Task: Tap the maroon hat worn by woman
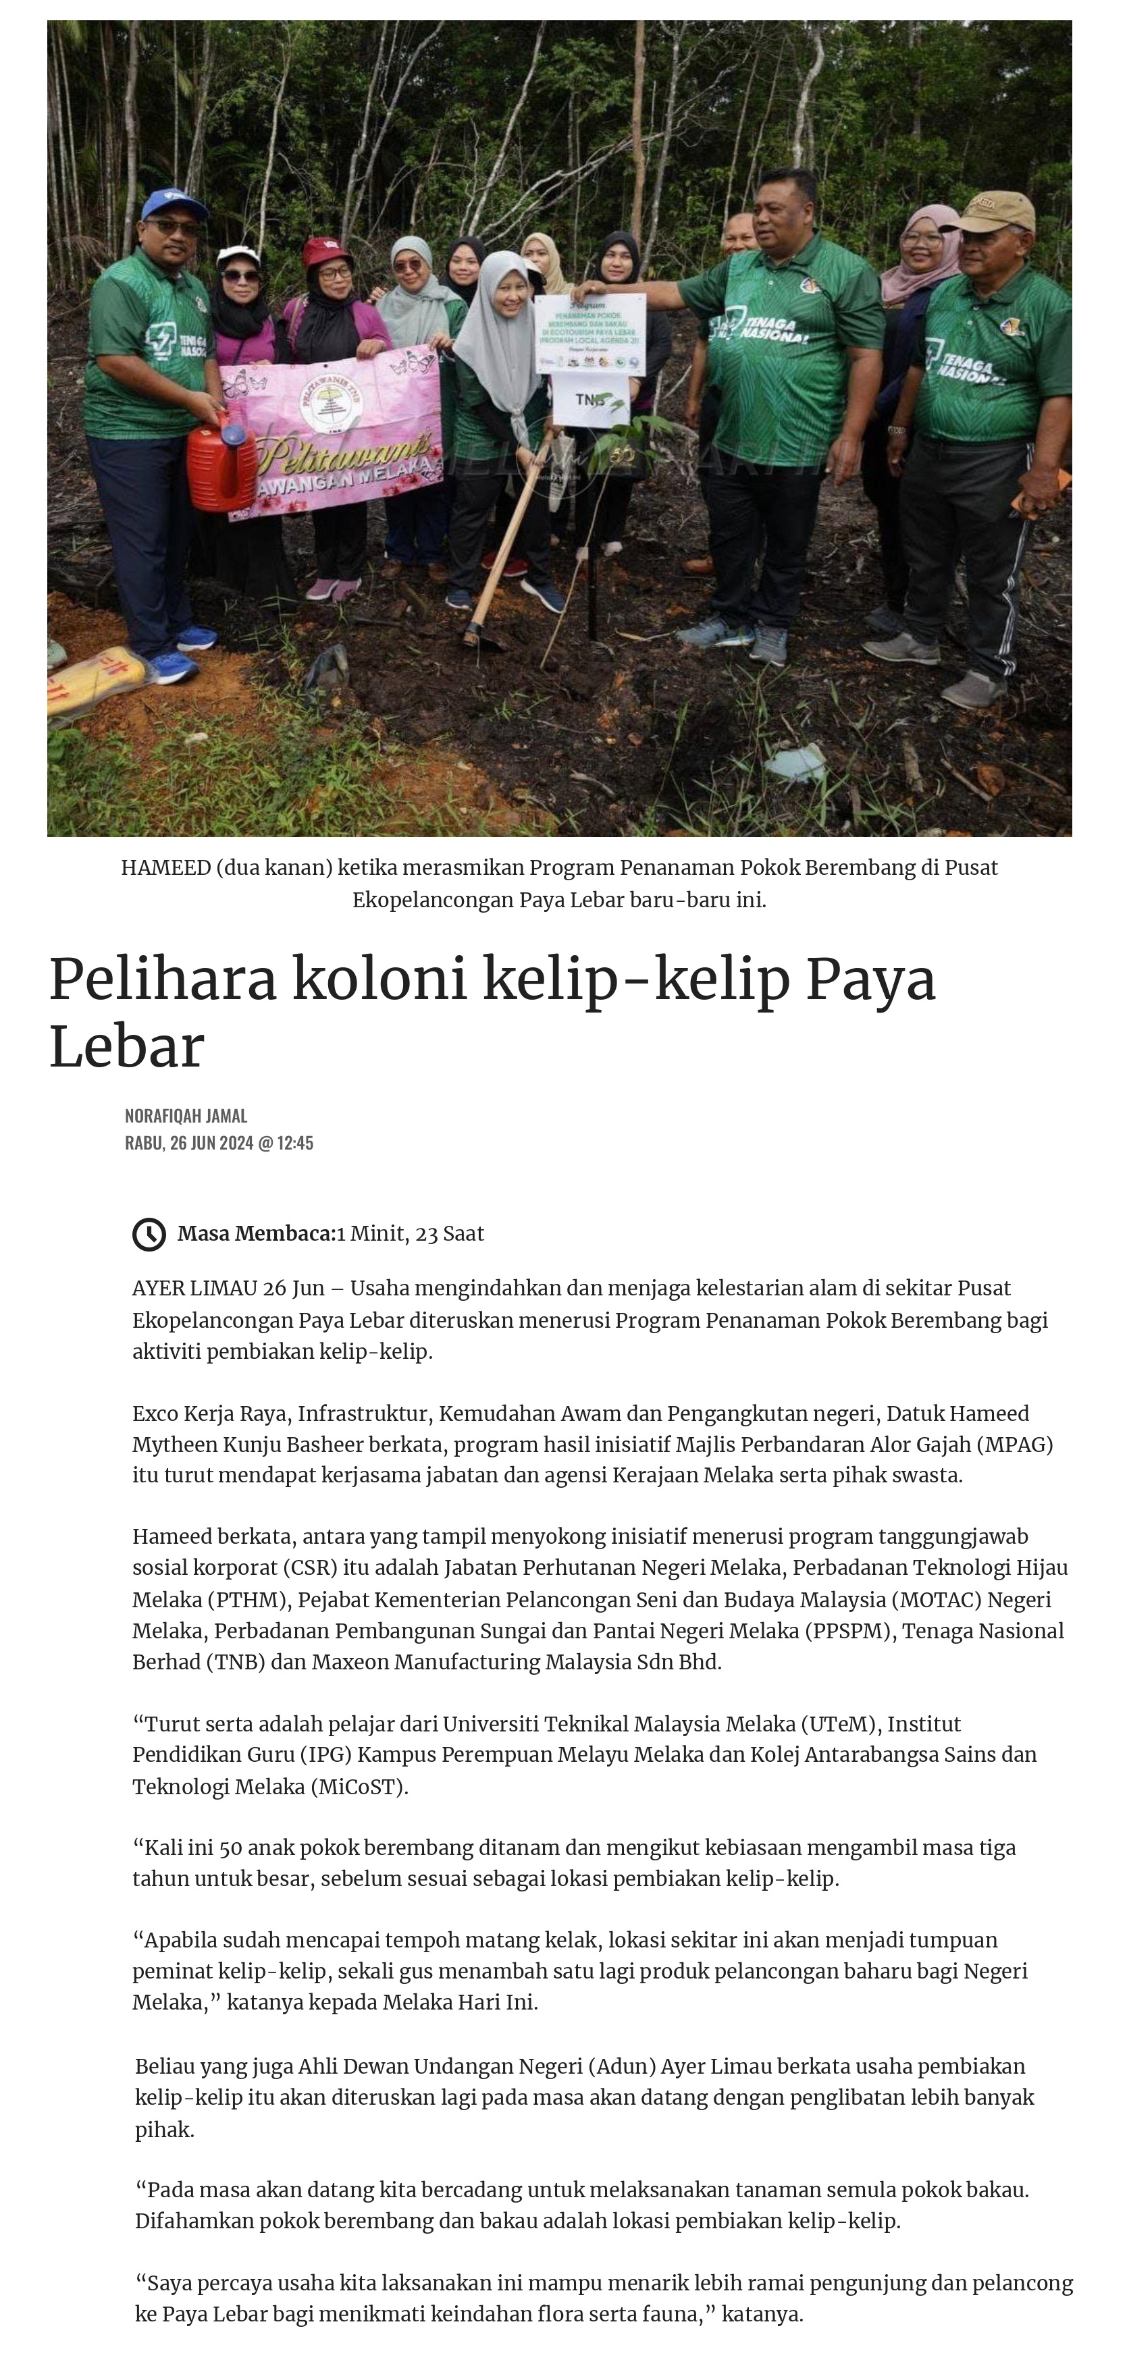(x=326, y=251)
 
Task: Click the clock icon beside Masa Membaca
(x=149, y=1234)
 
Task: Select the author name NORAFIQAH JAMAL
(x=186, y=1115)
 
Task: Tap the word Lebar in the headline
(x=126, y=1046)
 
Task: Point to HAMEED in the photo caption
(x=165, y=868)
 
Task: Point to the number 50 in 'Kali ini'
(x=232, y=1848)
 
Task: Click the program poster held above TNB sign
(x=589, y=333)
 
